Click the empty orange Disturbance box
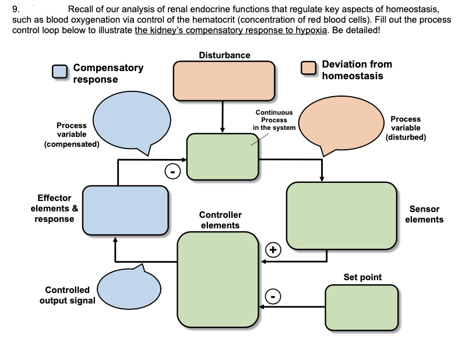tap(224, 80)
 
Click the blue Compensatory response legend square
tap(59, 71)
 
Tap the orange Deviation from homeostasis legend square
tap(309, 68)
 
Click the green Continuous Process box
tap(223, 157)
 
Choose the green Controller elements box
tap(218, 279)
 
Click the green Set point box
tap(361, 306)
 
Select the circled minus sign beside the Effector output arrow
tap(172, 171)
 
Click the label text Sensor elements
tap(424, 214)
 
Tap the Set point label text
tap(362, 277)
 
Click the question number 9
tap(16, 9)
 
